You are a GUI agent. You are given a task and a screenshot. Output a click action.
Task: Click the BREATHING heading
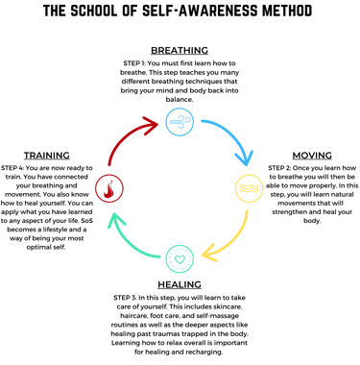179,49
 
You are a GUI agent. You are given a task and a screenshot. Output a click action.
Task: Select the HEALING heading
180,285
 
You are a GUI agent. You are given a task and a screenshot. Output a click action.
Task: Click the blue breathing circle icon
179,120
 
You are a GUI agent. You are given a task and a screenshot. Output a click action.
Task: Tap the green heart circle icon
179,257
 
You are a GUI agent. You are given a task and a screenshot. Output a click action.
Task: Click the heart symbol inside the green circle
179,257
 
